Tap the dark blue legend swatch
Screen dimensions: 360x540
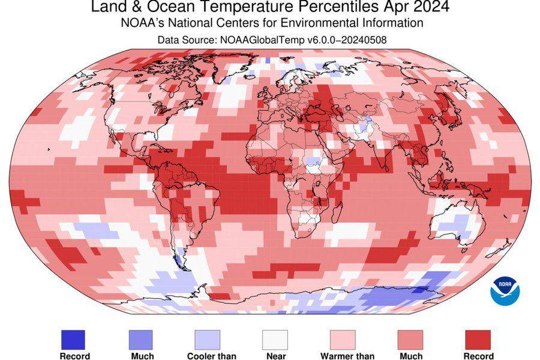coord(73,340)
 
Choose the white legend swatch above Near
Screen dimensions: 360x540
coord(275,340)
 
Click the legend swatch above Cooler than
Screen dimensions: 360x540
coord(208,340)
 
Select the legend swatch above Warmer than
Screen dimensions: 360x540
coord(343,340)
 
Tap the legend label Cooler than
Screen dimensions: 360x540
coord(211,356)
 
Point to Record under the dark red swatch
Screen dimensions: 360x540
coord(478,356)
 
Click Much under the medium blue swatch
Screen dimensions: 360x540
coord(141,356)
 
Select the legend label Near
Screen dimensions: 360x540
coord(275,356)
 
